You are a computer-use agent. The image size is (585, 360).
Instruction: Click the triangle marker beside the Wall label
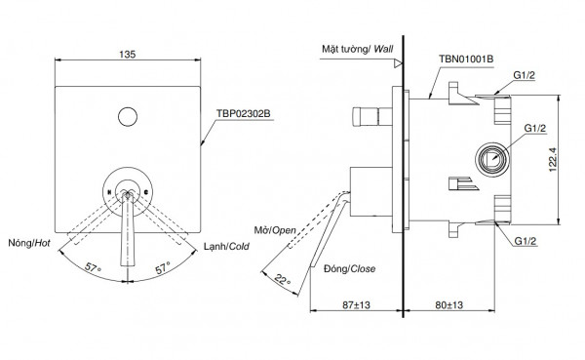click(x=397, y=62)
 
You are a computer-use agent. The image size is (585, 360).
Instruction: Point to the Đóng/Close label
click(x=351, y=267)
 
